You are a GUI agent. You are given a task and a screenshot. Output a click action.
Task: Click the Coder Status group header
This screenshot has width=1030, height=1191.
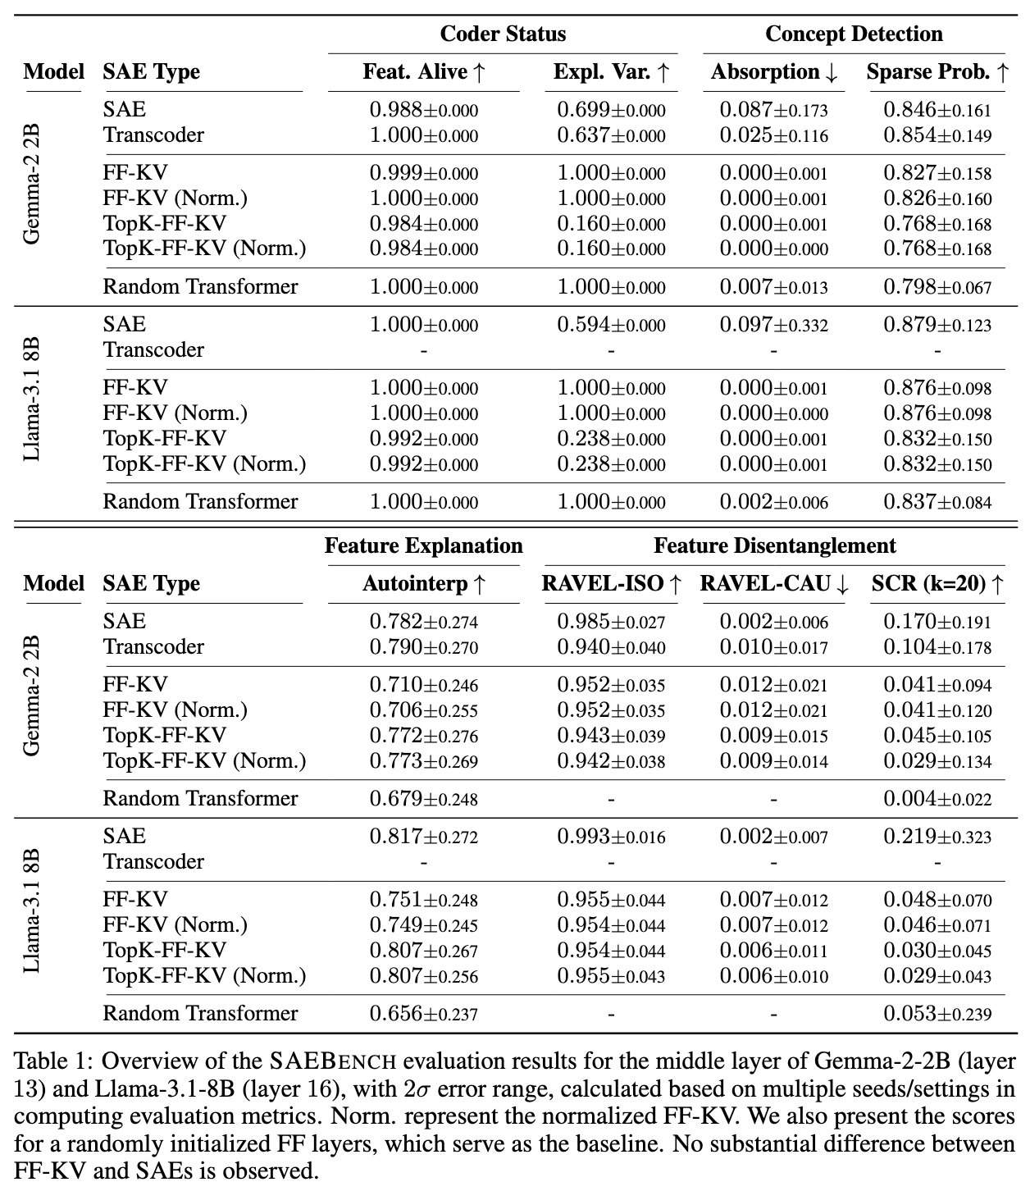(x=503, y=34)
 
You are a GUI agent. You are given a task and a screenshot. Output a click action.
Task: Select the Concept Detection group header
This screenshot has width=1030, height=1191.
(x=854, y=34)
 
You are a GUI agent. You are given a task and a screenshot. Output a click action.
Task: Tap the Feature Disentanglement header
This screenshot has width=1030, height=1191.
(x=774, y=546)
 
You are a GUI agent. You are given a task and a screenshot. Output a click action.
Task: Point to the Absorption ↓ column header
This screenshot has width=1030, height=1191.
(x=774, y=72)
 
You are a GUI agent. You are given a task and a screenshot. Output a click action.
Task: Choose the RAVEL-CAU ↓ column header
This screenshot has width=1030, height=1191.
(x=774, y=584)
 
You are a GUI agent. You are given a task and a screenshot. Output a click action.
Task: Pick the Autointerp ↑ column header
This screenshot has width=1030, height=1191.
(x=424, y=584)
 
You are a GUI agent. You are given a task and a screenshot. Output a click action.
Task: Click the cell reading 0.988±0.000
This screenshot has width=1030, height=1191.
(x=424, y=110)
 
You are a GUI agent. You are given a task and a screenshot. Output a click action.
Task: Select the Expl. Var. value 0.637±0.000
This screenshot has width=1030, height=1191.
(x=611, y=135)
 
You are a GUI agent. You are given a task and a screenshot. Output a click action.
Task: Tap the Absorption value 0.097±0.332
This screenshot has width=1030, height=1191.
(x=774, y=325)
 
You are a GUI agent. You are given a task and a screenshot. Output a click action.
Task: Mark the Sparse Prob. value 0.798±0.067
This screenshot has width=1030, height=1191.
(x=937, y=287)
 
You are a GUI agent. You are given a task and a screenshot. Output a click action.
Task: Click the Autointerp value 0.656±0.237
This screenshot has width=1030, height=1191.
(x=424, y=1014)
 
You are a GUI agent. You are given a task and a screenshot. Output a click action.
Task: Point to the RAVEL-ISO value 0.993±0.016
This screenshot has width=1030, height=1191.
(x=611, y=837)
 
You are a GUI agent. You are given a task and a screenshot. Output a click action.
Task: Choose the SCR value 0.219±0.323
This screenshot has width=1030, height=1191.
(x=937, y=837)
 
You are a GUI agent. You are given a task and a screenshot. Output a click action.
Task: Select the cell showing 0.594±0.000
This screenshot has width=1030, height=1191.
(x=611, y=325)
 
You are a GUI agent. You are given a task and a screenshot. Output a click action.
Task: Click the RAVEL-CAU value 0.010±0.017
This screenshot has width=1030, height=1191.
(x=774, y=647)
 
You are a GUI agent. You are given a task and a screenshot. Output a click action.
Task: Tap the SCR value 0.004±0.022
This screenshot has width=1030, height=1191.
(x=937, y=799)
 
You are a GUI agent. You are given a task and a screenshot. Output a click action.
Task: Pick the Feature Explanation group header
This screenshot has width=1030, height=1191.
(x=424, y=546)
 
